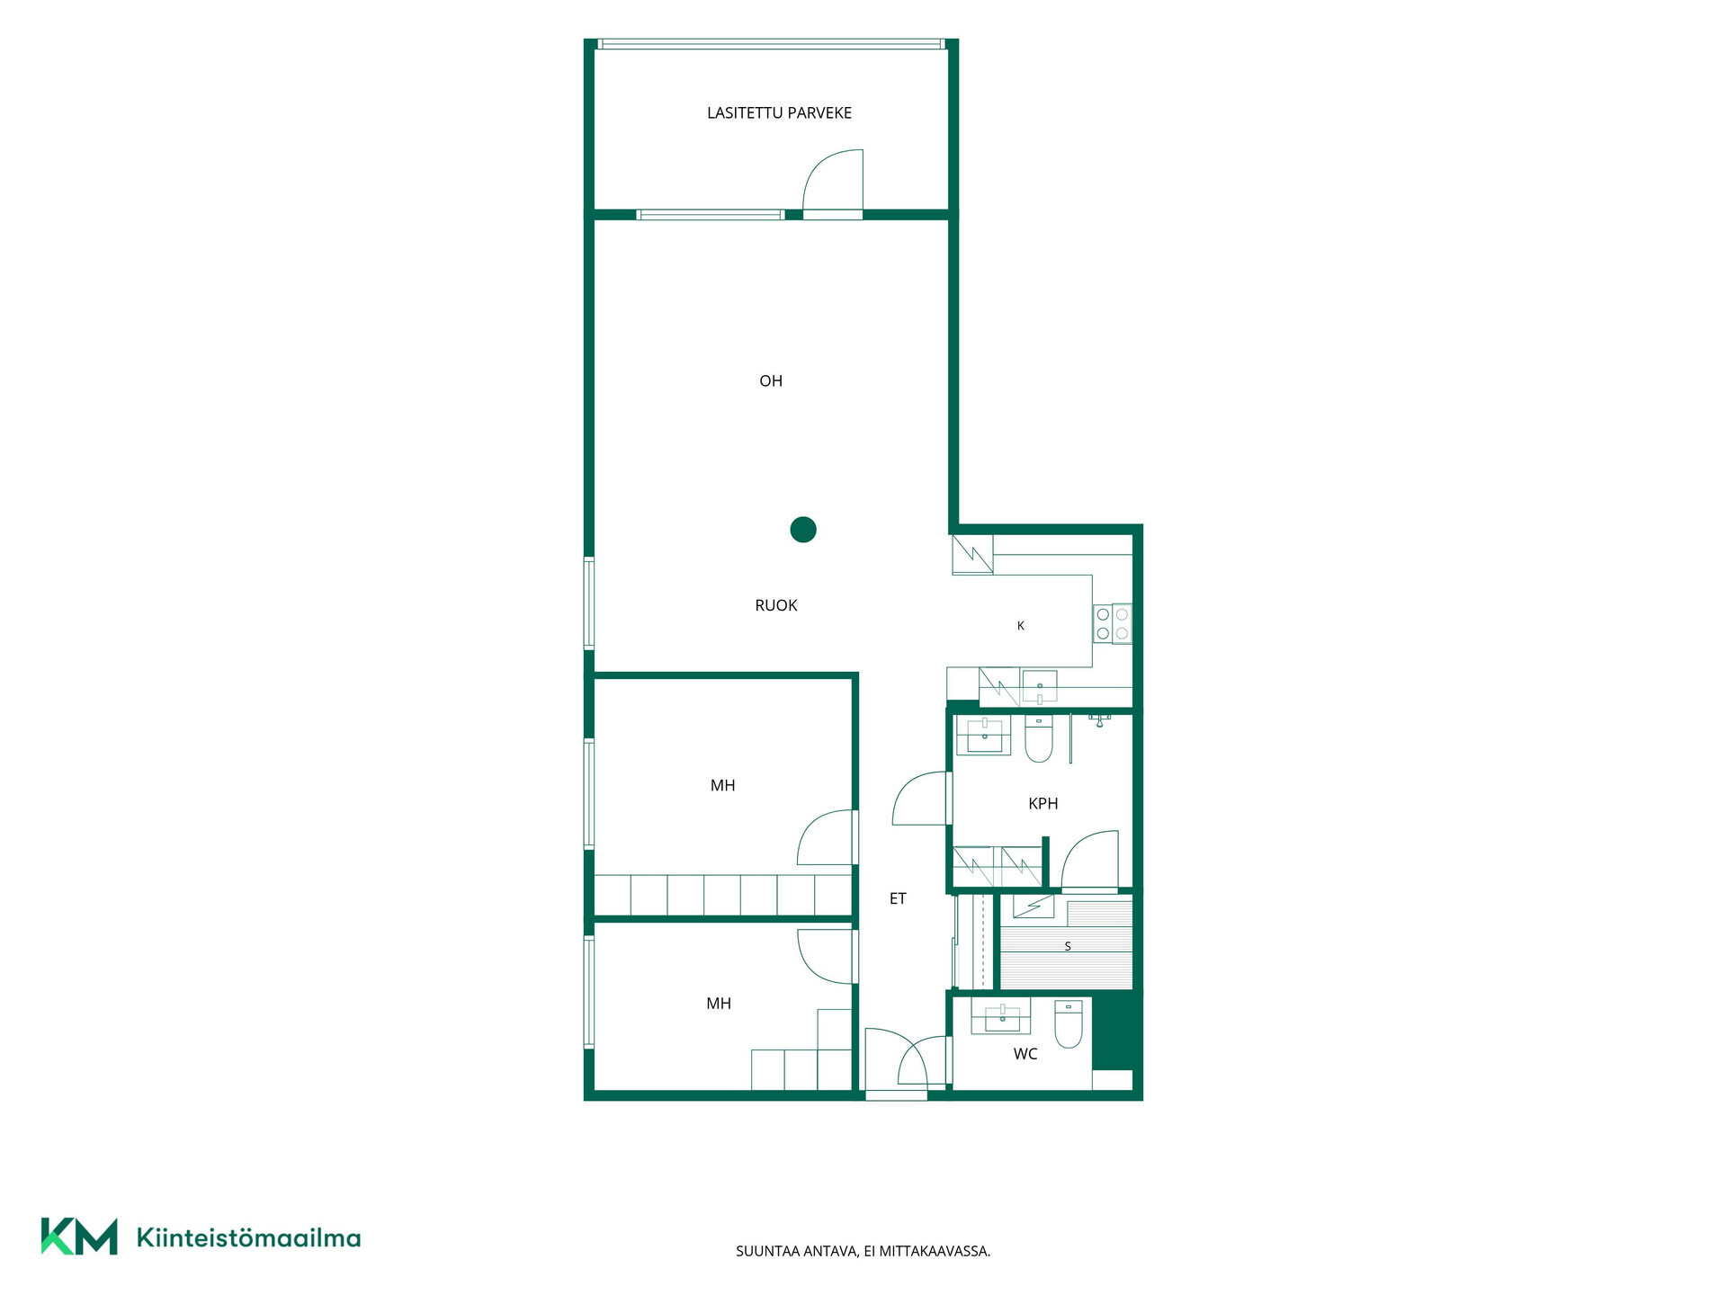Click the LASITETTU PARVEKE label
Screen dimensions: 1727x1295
coord(779,113)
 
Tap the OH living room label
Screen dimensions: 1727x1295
coord(771,381)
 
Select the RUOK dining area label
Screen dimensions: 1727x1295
coord(776,606)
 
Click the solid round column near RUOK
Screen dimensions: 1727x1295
coord(803,530)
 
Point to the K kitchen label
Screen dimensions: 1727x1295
coord(1021,626)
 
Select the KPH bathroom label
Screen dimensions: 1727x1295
coord(1043,804)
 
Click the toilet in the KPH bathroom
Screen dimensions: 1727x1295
coord(1039,739)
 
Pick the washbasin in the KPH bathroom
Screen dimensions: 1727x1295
coord(985,736)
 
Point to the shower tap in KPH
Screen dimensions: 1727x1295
coord(1099,719)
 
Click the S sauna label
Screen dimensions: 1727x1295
coord(1068,947)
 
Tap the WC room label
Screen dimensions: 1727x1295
coord(1025,1054)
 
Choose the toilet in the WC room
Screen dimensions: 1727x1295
coord(1069,1024)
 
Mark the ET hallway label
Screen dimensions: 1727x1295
coord(898,899)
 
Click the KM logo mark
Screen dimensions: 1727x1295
coord(79,1237)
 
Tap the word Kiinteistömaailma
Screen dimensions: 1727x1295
coord(248,1238)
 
